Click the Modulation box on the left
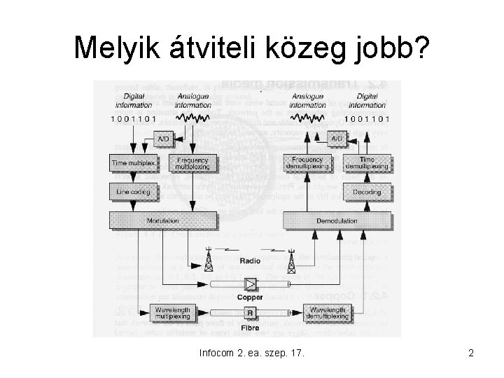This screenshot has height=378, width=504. tap(162, 220)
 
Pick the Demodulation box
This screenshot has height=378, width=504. tap(336, 220)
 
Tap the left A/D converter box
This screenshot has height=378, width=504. tap(162, 139)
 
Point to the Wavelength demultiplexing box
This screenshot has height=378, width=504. tap(336, 314)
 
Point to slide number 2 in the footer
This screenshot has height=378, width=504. tap(471, 353)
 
